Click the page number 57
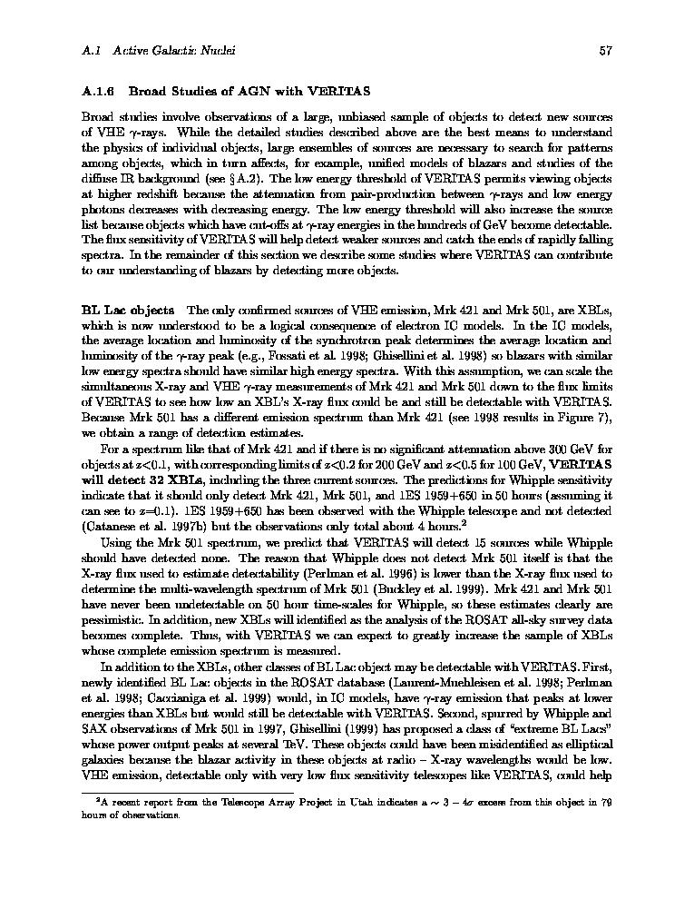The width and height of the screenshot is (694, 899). (605, 51)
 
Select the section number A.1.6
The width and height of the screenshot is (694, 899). (97, 91)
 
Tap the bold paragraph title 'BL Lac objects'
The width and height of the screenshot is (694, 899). (128, 311)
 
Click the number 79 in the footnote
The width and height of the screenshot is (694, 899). (606, 802)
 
